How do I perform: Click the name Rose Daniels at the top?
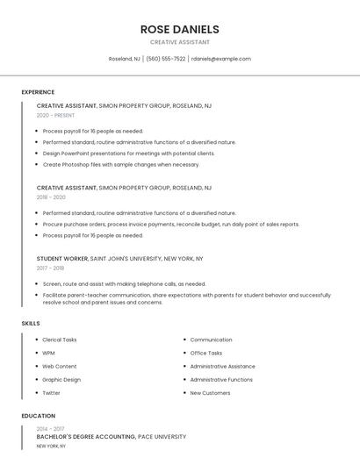click(179, 29)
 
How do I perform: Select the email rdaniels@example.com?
click(220, 59)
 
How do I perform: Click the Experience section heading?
click(38, 92)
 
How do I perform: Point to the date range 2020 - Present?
click(55, 115)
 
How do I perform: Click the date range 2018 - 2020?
click(51, 197)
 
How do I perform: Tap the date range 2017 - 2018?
click(50, 268)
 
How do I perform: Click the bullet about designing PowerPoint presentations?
click(128, 153)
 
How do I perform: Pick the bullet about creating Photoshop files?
click(120, 164)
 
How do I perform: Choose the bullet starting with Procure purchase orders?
click(170, 224)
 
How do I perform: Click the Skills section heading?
click(31, 324)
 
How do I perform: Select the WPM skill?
click(48, 353)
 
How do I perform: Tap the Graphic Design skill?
click(61, 380)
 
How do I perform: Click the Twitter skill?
click(51, 393)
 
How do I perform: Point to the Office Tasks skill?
click(206, 353)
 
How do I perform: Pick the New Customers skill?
click(210, 393)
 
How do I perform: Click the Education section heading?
click(38, 416)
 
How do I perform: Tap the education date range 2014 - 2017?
click(50, 428)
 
